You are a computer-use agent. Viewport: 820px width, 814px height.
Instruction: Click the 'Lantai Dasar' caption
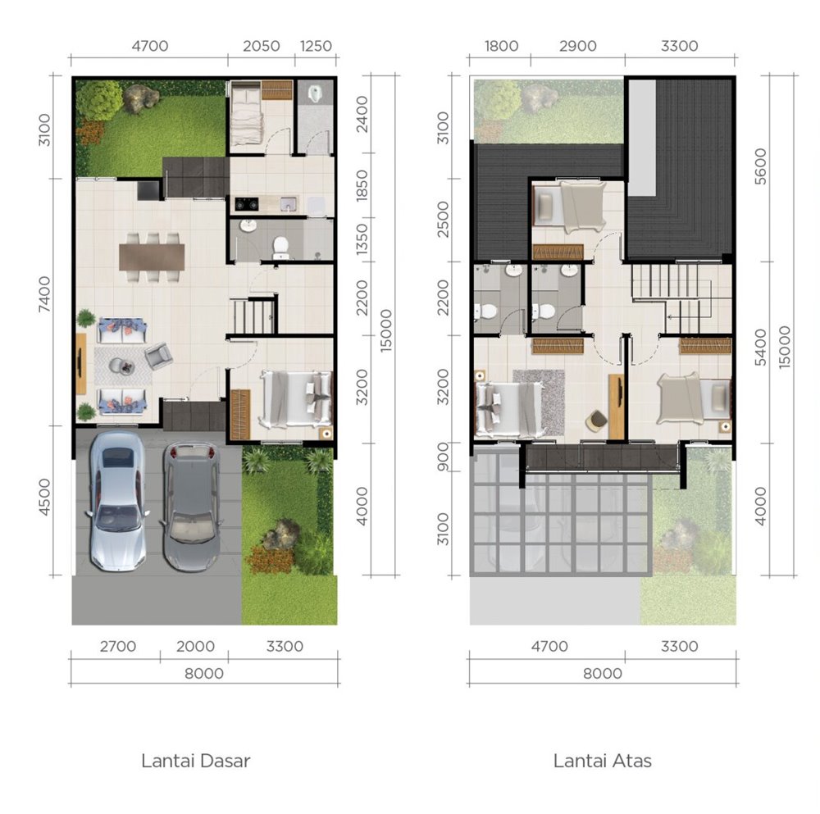coord(196,761)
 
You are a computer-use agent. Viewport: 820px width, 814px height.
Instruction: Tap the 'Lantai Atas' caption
coord(603,761)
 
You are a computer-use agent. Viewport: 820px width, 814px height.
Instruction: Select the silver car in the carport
coord(117,500)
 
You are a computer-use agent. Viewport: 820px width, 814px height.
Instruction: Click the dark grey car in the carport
coord(191,507)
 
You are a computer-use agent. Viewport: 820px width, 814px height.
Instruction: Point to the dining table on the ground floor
coord(152,257)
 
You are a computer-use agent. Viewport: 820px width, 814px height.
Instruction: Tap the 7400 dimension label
coord(44,294)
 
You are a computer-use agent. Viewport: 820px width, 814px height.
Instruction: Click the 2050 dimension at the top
coord(261,46)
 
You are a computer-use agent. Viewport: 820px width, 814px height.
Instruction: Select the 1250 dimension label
coord(316,46)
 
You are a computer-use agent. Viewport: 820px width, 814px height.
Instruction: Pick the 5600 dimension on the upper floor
coord(760,166)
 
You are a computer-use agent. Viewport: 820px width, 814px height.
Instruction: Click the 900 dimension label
coord(443,457)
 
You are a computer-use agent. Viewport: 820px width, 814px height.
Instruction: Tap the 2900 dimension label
coord(577,46)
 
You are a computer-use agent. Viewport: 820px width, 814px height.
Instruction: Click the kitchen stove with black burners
coord(246,204)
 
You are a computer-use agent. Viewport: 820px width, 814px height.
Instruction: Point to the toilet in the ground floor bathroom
coord(280,248)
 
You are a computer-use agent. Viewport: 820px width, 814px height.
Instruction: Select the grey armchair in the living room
coord(158,356)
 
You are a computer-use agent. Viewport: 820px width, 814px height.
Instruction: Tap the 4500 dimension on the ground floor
coord(44,498)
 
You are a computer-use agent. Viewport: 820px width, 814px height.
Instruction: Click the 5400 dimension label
coord(760,347)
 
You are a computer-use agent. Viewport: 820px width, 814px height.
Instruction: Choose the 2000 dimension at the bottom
coord(195,646)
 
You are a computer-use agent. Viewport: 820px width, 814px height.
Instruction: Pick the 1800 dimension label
coord(501,46)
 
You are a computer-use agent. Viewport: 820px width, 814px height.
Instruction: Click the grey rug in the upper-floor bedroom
coord(539,402)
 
